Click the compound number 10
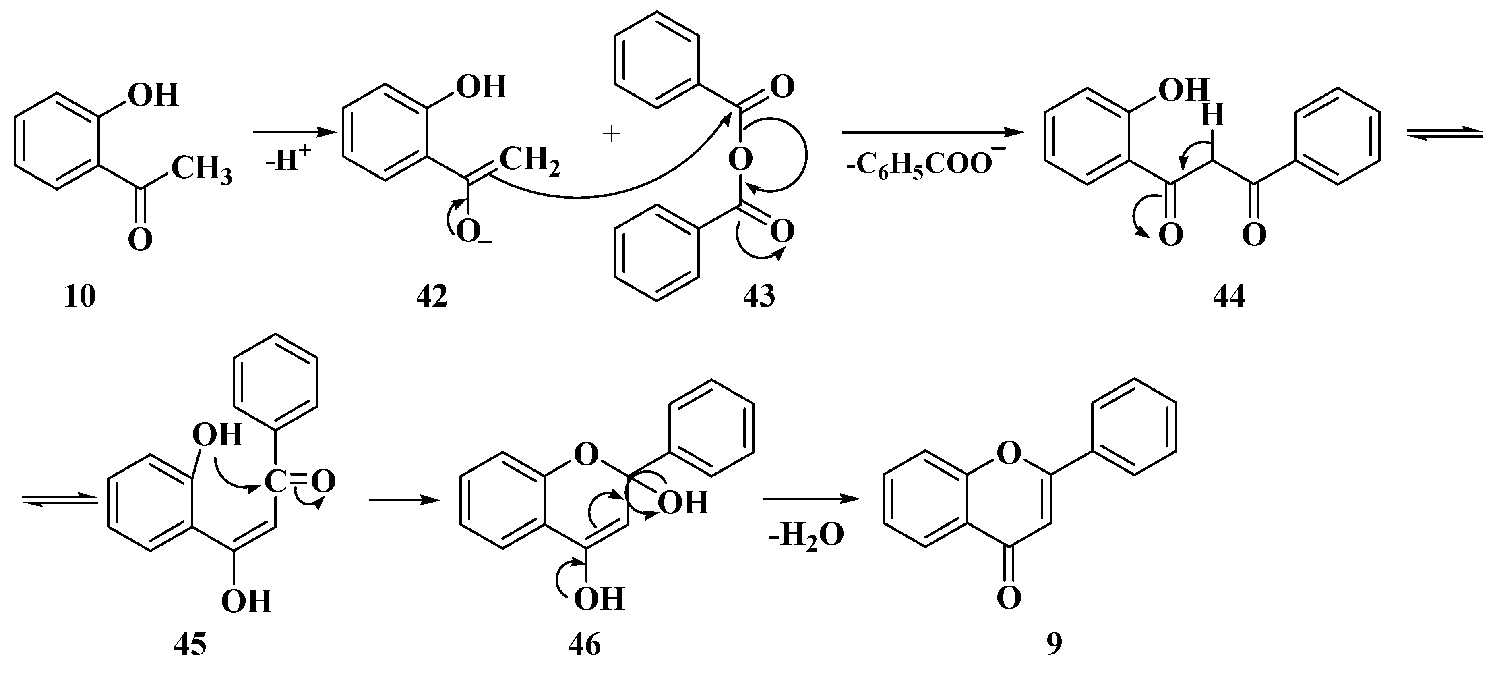(x=80, y=297)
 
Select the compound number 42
(x=432, y=297)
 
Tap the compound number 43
(x=759, y=297)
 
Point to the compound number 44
(x=1228, y=297)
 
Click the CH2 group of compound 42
(x=529, y=162)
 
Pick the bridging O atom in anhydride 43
(x=740, y=158)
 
